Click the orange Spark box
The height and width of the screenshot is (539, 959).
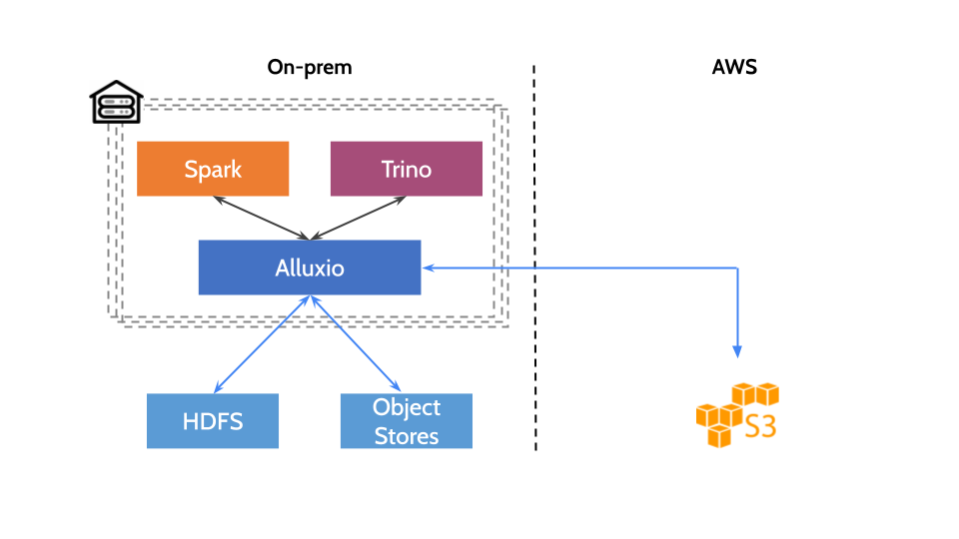[x=213, y=169]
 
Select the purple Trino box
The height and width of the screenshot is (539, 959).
[x=407, y=169]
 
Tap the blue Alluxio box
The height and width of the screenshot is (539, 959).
[x=310, y=268]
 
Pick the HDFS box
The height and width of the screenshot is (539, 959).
[x=213, y=421]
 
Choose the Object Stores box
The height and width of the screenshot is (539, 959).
[x=407, y=421]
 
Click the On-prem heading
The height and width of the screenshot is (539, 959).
[x=310, y=68]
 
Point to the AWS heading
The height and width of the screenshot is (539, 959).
[x=734, y=68]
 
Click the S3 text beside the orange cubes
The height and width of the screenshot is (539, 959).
[x=760, y=427]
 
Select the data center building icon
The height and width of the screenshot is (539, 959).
[x=116, y=102]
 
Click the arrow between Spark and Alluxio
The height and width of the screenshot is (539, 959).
[x=262, y=218]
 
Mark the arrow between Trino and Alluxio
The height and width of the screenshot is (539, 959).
[x=360, y=218]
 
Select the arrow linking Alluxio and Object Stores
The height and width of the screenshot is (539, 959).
[x=356, y=343]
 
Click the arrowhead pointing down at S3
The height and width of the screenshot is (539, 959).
[x=737, y=351]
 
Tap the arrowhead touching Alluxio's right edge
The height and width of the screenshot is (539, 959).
[x=428, y=268]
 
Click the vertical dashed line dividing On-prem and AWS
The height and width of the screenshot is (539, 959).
[x=534, y=260]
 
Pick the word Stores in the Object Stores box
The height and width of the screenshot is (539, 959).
[x=407, y=435]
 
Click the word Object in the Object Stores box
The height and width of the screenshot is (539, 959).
[x=407, y=407]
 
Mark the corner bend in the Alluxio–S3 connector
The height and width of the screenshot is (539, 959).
[x=737, y=268]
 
